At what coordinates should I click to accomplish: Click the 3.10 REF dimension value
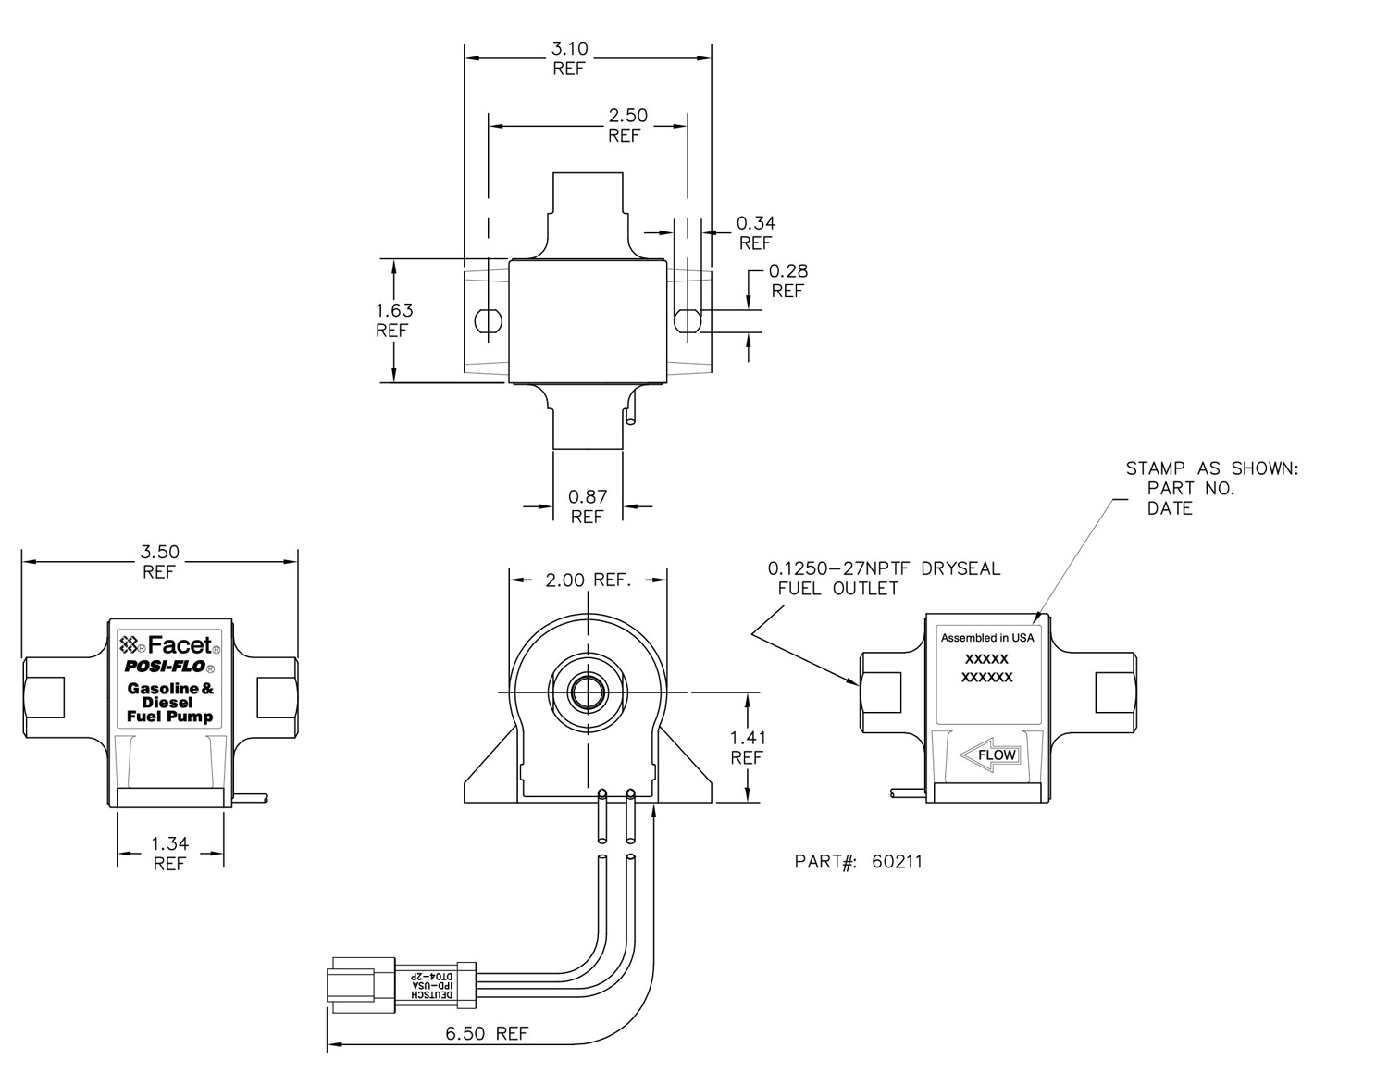(x=569, y=58)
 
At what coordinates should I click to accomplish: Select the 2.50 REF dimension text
(x=627, y=125)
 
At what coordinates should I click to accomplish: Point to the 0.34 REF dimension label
(x=756, y=232)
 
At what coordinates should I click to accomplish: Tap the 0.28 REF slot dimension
(x=788, y=281)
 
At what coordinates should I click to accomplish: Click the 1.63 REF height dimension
(x=394, y=320)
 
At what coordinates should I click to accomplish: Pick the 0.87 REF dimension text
(x=587, y=506)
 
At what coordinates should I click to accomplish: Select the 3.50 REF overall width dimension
(x=159, y=562)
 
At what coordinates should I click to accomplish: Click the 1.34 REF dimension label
(x=170, y=854)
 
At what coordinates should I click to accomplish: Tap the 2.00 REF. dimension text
(x=589, y=580)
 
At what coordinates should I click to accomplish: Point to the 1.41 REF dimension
(x=748, y=748)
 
